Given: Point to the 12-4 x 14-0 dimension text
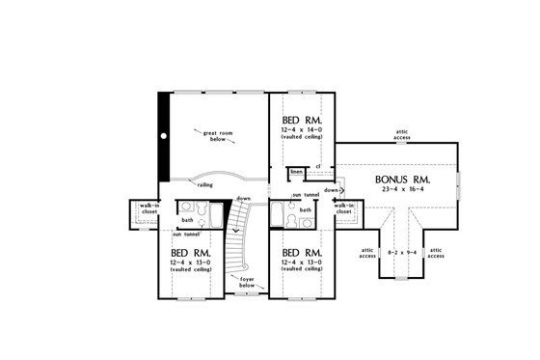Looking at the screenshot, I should pos(304,129).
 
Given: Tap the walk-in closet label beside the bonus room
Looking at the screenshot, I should pos(344,208).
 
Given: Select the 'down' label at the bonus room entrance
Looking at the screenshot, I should pos(330,190).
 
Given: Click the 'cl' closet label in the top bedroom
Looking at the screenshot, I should pos(317,165).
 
